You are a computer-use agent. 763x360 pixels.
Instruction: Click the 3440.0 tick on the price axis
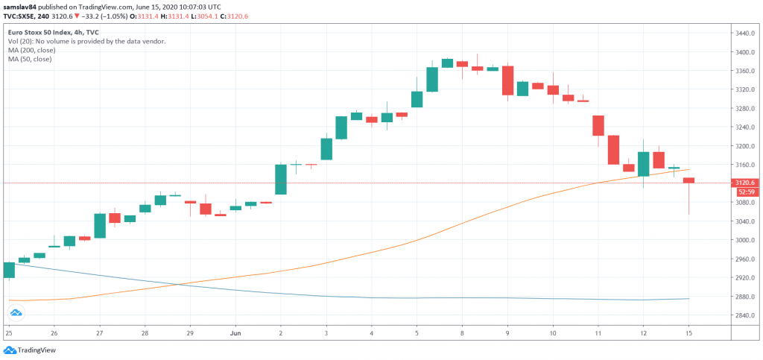(x=746, y=34)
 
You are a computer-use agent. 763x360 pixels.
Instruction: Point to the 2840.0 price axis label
(x=746, y=315)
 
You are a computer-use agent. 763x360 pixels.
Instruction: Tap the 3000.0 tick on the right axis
(x=746, y=240)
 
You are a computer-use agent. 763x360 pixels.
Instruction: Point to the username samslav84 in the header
(x=19, y=5)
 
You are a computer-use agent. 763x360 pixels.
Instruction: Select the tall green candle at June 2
(x=281, y=179)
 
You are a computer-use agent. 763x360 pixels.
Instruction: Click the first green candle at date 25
(x=9, y=270)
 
